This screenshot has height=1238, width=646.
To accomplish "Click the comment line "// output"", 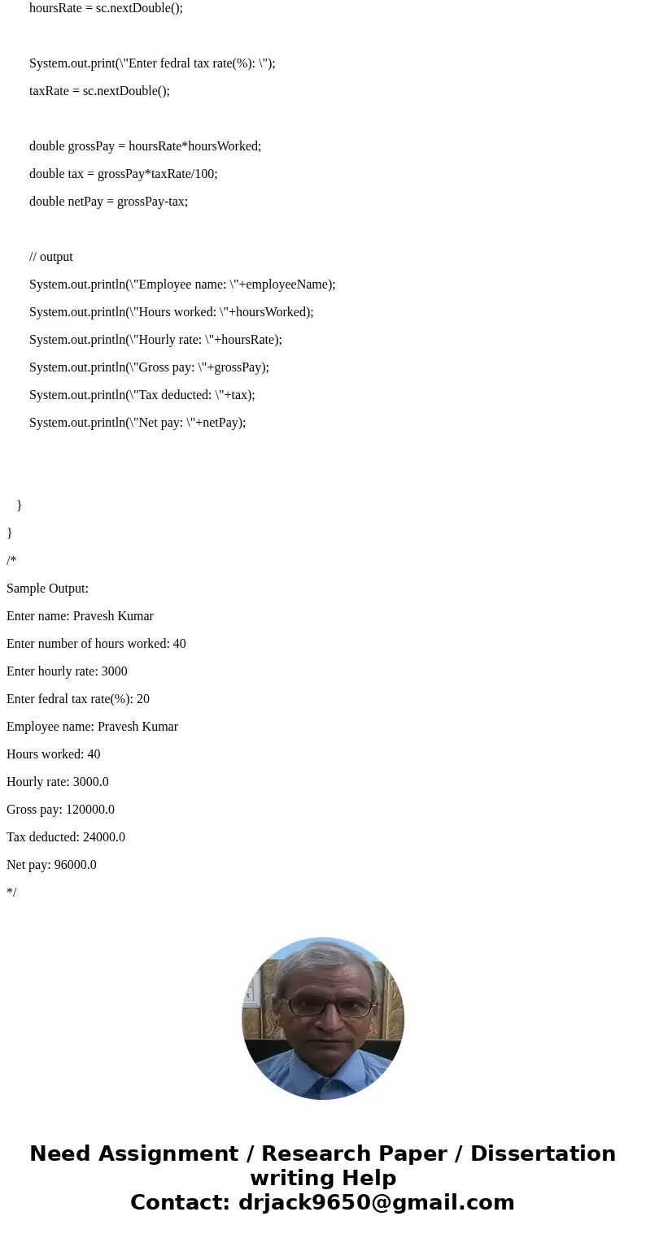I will [51, 257].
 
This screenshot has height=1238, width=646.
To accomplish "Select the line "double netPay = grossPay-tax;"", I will [108, 202].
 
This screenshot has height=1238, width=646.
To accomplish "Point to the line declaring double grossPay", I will [145, 146].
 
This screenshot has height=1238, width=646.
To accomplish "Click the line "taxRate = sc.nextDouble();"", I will [99, 91].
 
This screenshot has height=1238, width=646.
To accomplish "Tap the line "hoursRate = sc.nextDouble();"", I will [106, 8].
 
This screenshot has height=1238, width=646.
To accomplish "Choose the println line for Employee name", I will [182, 285].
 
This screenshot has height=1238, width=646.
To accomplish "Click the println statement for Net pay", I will [137, 423].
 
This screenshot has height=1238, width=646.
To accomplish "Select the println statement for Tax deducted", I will [142, 395].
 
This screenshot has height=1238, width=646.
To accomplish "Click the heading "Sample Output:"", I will [47, 589].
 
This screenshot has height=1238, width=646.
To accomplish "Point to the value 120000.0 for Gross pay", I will [90, 810].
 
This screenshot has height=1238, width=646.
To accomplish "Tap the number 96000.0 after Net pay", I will [76, 865].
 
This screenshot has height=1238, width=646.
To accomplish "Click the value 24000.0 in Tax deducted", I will [104, 837].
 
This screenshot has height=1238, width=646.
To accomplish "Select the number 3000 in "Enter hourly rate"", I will [115, 671].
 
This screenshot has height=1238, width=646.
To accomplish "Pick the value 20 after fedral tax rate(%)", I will [143, 699].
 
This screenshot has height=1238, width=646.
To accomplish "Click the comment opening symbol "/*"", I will [11, 561].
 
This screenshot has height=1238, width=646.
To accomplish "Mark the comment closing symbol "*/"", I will [11, 893].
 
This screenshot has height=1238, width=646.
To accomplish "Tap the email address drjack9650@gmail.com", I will [376, 1202].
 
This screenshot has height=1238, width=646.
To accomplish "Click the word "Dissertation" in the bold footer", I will [543, 1153].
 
